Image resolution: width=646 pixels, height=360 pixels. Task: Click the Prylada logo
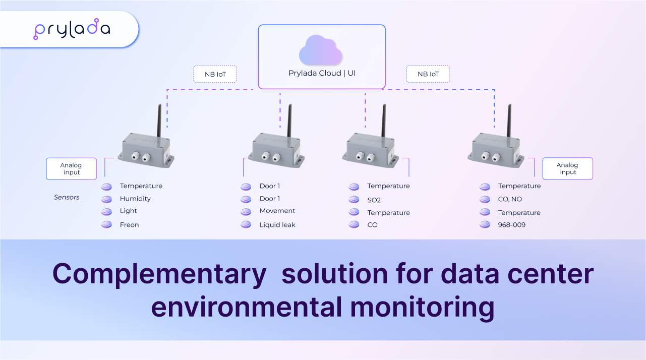click(x=72, y=30)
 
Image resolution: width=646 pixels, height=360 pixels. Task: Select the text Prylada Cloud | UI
click(x=322, y=73)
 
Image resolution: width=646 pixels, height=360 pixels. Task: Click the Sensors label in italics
click(x=67, y=197)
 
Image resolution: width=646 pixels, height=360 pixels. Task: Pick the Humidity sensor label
click(x=135, y=199)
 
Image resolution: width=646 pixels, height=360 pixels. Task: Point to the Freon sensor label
click(x=129, y=225)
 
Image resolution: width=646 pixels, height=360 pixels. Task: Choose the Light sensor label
click(x=128, y=211)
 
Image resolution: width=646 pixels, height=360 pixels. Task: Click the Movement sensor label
click(x=277, y=211)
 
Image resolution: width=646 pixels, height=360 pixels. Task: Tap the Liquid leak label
click(x=277, y=225)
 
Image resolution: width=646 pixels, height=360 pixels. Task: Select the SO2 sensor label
click(x=374, y=200)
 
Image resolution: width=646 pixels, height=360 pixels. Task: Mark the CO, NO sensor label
click(x=510, y=199)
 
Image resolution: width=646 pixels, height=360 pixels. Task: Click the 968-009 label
click(x=511, y=225)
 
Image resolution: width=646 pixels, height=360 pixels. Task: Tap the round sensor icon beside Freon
click(x=106, y=225)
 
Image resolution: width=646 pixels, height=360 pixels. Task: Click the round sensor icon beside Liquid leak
click(x=246, y=225)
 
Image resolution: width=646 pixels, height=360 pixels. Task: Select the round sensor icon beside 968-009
click(x=485, y=225)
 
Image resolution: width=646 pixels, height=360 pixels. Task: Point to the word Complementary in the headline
click(x=159, y=274)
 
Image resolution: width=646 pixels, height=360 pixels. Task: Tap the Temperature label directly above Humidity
click(x=141, y=186)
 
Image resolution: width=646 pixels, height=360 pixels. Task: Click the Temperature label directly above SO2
click(x=388, y=186)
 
